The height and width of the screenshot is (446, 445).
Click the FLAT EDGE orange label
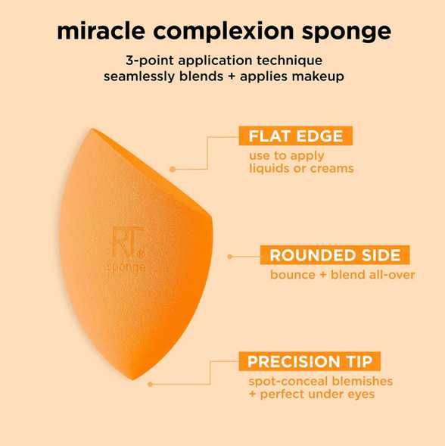click(295, 136)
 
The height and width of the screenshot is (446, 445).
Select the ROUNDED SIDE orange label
click(329, 254)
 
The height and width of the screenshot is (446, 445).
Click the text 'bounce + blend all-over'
click(342, 274)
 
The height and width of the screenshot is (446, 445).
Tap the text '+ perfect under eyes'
click(311, 394)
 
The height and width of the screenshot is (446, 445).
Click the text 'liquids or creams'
click(301, 168)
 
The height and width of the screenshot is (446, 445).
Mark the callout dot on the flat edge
click(173, 168)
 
